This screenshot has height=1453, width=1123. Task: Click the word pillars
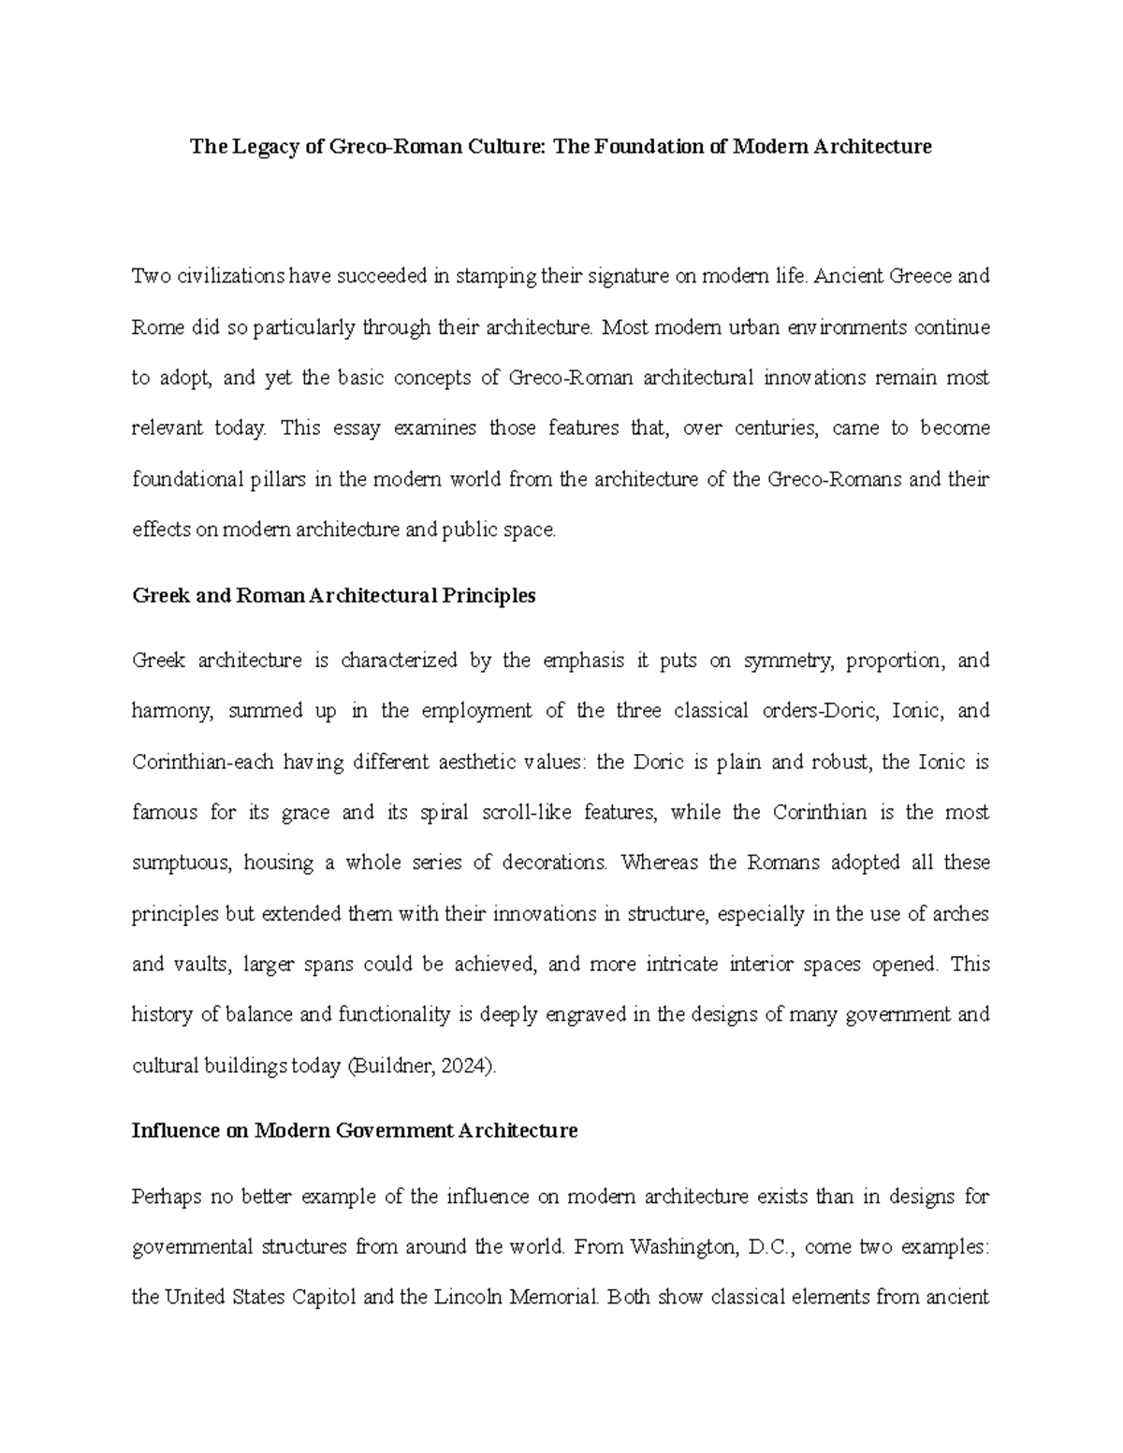tap(279, 479)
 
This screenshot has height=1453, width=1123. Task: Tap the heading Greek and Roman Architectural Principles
tap(334, 596)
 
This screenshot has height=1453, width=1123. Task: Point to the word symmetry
tap(785, 661)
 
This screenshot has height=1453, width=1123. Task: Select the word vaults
tap(200, 964)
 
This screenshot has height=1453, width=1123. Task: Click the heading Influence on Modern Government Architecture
tap(355, 1130)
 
